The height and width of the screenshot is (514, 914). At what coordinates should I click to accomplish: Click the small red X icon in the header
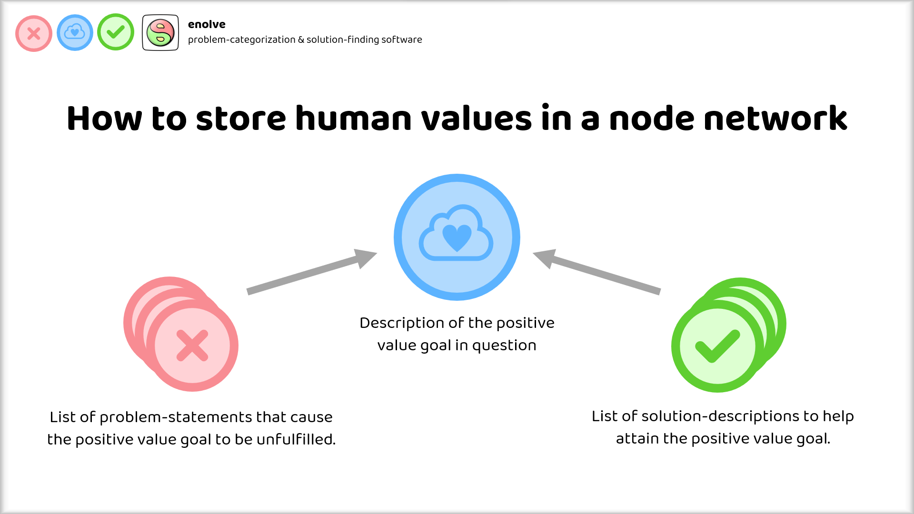pyautogui.click(x=34, y=33)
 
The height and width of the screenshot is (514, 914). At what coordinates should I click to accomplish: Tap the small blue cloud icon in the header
pyautogui.click(x=75, y=32)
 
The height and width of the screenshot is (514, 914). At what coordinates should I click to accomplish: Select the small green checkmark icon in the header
pyautogui.click(x=116, y=32)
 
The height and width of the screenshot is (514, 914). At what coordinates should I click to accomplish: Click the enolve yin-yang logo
pyautogui.click(x=160, y=32)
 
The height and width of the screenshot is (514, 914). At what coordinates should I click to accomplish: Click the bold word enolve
pyautogui.click(x=207, y=24)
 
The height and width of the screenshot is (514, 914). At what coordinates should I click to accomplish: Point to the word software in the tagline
pyautogui.click(x=402, y=40)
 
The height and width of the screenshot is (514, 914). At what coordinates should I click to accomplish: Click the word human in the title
pyautogui.click(x=353, y=118)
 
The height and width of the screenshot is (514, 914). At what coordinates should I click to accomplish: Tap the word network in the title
pyautogui.click(x=775, y=118)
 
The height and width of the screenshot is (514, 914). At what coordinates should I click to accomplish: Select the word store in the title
pyautogui.click(x=241, y=119)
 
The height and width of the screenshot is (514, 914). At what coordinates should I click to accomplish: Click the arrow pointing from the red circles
pyautogui.click(x=312, y=272)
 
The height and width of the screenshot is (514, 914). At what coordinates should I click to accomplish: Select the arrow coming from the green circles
pyautogui.click(x=596, y=272)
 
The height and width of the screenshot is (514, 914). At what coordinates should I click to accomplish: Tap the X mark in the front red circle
pyautogui.click(x=192, y=346)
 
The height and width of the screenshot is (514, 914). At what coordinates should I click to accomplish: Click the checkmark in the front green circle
pyautogui.click(x=718, y=346)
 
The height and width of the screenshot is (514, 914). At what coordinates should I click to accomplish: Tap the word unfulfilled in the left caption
pyautogui.click(x=296, y=439)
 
